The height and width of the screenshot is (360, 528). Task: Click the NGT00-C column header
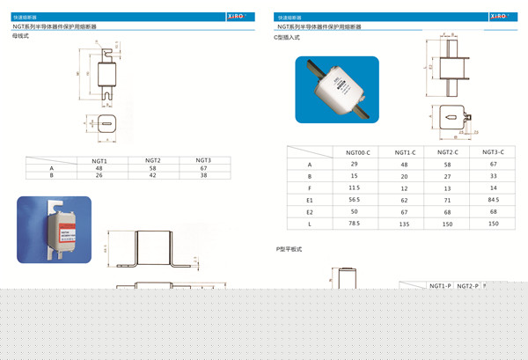pyautogui.click(x=355, y=151)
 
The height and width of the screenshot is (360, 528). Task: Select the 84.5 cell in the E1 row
pyautogui.click(x=493, y=199)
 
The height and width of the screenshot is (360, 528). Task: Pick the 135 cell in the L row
pyautogui.click(x=404, y=224)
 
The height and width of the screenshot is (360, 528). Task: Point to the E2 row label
pyautogui.click(x=309, y=211)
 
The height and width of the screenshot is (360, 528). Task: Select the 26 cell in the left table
pyautogui.click(x=99, y=176)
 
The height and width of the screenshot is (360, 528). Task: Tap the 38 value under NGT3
pyautogui.click(x=203, y=176)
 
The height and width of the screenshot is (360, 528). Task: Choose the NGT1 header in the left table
pyautogui.click(x=99, y=160)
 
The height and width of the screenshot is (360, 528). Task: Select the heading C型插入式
pyautogui.click(x=288, y=38)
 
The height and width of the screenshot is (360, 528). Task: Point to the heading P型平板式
pyautogui.click(x=289, y=249)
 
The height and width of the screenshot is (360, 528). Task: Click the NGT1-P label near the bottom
pyautogui.click(x=440, y=286)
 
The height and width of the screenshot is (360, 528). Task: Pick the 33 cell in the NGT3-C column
pyautogui.click(x=493, y=176)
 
